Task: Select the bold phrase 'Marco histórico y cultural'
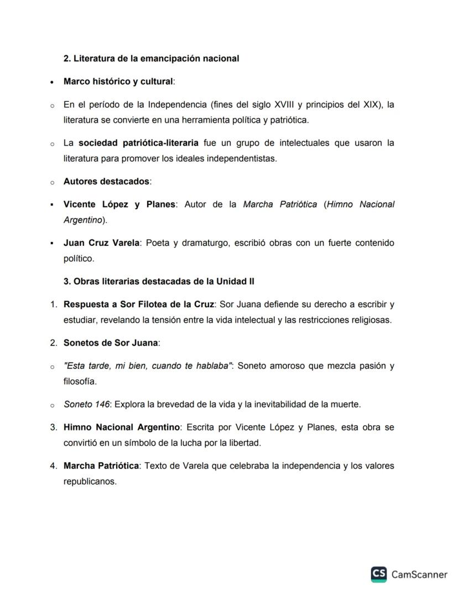click(x=118, y=81)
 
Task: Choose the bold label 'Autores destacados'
click(x=106, y=181)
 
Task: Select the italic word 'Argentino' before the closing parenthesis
click(x=83, y=220)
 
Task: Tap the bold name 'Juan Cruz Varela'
click(x=101, y=243)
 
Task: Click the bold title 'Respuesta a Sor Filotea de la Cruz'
click(x=139, y=305)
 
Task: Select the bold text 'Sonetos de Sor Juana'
click(x=111, y=343)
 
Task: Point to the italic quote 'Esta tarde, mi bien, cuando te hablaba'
click(x=147, y=366)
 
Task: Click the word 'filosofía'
click(x=80, y=381)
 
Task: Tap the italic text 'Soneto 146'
click(x=86, y=404)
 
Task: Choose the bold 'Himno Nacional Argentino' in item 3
click(x=122, y=427)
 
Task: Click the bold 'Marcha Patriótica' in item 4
click(x=101, y=466)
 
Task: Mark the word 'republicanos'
click(x=90, y=481)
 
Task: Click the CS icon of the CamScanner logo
click(x=379, y=574)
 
